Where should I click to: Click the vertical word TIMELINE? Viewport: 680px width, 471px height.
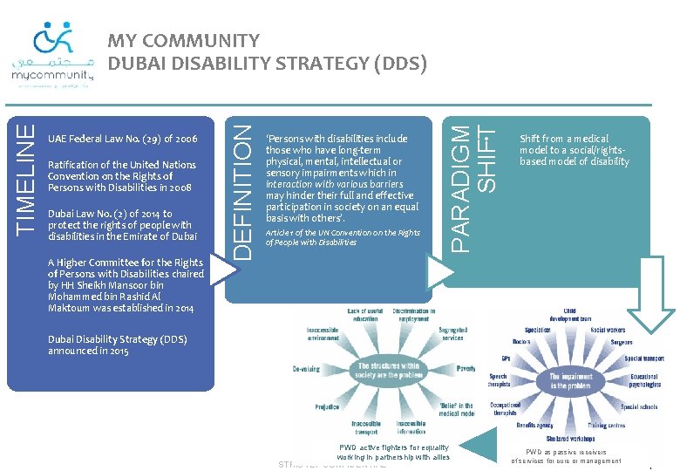(28, 178)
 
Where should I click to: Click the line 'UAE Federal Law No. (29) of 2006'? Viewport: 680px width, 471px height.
(122, 139)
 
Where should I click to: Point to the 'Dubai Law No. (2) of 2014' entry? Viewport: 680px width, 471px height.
(122, 225)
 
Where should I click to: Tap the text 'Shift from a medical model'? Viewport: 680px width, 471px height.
(574, 150)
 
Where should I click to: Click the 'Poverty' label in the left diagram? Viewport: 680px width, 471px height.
(466, 369)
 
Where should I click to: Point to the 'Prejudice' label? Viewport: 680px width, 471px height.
(327, 406)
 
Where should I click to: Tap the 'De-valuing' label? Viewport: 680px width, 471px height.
(306, 369)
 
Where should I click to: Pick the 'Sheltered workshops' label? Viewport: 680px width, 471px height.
(570, 439)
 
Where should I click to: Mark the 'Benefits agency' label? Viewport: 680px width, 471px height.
(534, 426)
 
